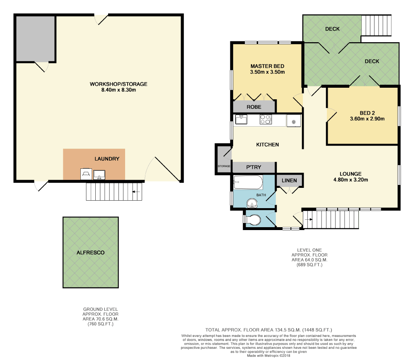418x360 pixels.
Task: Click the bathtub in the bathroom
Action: pyautogui.click(x=248, y=182)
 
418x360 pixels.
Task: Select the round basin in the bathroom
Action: pyautogui.click(x=252, y=204)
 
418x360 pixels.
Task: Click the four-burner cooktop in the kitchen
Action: pyautogui.click(x=266, y=119)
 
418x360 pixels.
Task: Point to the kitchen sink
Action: pyautogui.click(x=241, y=119)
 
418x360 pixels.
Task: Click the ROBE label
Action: pyautogui.click(x=254, y=107)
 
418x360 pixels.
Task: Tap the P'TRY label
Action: pyautogui.click(x=254, y=167)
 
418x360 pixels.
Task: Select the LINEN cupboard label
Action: pyautogui.click(x=289, y=180)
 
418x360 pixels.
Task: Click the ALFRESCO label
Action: pyautogui.click(x=91, y=253)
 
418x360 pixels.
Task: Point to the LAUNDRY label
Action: pyautogui.click(x=107, y=159)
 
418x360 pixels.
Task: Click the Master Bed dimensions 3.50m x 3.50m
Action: pyautogui.click(x=267, y=72)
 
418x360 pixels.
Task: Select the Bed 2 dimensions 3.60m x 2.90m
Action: pyautogui.click(x=367, y=119)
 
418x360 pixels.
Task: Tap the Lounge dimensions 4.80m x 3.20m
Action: pyautogui.click(x=350, y=180)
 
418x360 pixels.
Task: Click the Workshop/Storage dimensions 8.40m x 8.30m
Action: pyautogui.click(x=118, y=90)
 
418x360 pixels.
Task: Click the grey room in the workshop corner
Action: pyautogui.click(x=36, y=39)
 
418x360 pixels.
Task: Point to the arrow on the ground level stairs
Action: pyautogui.click(x=136, y=192)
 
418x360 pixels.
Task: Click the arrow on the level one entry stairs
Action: pyautogui.click(x=309, y=220)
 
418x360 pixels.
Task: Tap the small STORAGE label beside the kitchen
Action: pyautogui.click(x=224, y=166)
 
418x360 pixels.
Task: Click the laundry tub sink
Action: pyautogui.click(x=99, y=175)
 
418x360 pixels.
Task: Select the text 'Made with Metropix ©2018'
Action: pyautogui.click(x=268, y=355)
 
